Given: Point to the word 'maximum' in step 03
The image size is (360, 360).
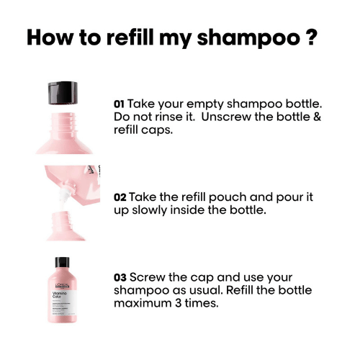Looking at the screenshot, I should pos(143,303).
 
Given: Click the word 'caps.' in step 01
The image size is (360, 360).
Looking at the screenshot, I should pos(156,131).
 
